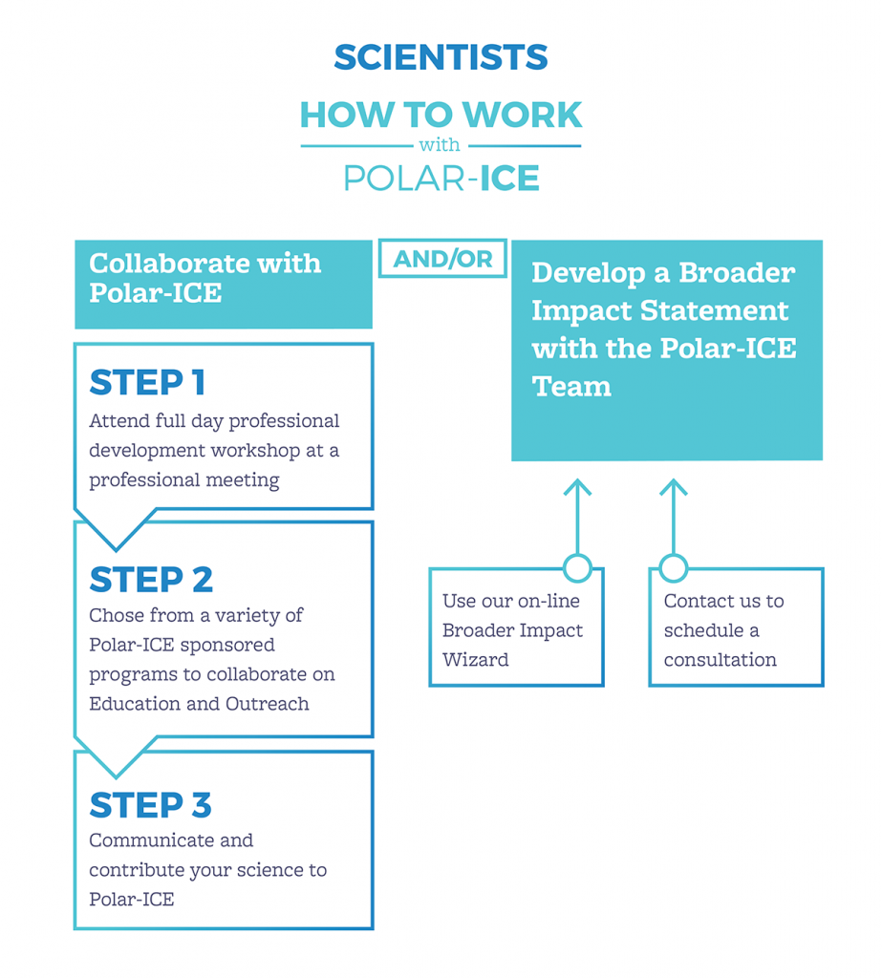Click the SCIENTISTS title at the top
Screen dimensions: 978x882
pyautogui.click(x=441, y=57)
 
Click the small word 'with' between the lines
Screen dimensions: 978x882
pyautogui.click(x=441, y=145)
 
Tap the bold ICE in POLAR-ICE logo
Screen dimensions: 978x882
pyautogui.click(x=509, y=178)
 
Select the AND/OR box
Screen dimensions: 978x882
pyautogui.click(x=442, y=259)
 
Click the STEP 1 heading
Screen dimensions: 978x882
pyautogui.click(x=147, y=383)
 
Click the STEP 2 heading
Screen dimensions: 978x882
pyautogui.click(x=151, y=580)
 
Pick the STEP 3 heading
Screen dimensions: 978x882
pyautogui.click(x=150, y=805)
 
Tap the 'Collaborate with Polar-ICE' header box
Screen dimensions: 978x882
pyautogui.click(x=223, y=284)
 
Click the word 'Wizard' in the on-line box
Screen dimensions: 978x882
pyautogui.click(x=476, y=660)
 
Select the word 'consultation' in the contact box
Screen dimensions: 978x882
pyautogui.click(x=720, y=660)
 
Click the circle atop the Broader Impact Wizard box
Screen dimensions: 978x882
pyautogui.click(x=577, y=568)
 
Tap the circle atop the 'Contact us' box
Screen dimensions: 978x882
pyautogui.click(x=674, y=568)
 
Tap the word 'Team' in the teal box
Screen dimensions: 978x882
pyautogui.click(x=571, y=387)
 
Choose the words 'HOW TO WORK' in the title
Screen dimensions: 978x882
pyautogui.click(x=441, y=116)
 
